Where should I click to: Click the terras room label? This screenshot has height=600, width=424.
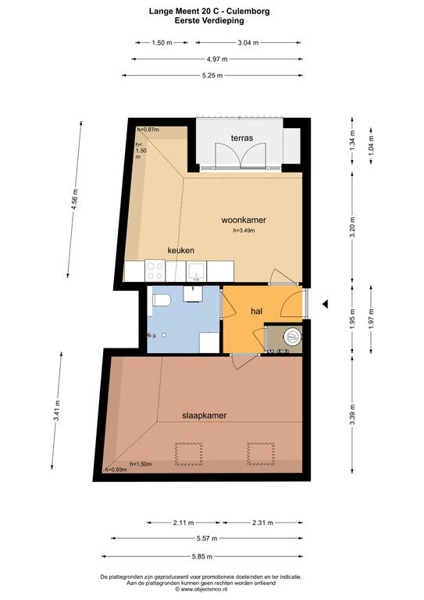(x=241, y=137)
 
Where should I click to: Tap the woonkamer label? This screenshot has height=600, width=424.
(x=244, y=220)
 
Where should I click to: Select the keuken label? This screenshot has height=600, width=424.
(x=181, y=250)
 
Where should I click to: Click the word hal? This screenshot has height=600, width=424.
(x=257, y=312)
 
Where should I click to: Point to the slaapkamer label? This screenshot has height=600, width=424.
(x=204, y=416)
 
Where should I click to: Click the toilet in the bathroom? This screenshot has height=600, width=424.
(x=162, y=300)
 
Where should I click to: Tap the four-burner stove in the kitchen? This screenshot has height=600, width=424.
(x=155, y=270)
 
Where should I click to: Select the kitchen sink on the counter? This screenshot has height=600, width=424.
(x=196, y=271)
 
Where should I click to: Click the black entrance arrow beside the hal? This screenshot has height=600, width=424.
(x=325, y=304)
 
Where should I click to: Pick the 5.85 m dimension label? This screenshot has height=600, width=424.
(x=202, y=557)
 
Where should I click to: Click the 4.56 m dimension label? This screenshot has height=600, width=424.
(x=75, y=199)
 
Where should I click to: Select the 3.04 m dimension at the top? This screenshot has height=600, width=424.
(x=248, y=43)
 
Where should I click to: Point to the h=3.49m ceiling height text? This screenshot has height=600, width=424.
(x=244, y=230)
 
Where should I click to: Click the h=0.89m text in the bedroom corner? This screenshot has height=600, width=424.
(x=116, y=470)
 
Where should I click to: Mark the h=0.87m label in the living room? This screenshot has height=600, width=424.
(x=148, y=130)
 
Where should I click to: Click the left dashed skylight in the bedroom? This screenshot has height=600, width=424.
(x=188, y=454)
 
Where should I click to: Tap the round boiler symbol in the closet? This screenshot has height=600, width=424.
(x=293, y=337)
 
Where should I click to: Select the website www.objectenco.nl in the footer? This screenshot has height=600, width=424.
(x=201, y=589)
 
